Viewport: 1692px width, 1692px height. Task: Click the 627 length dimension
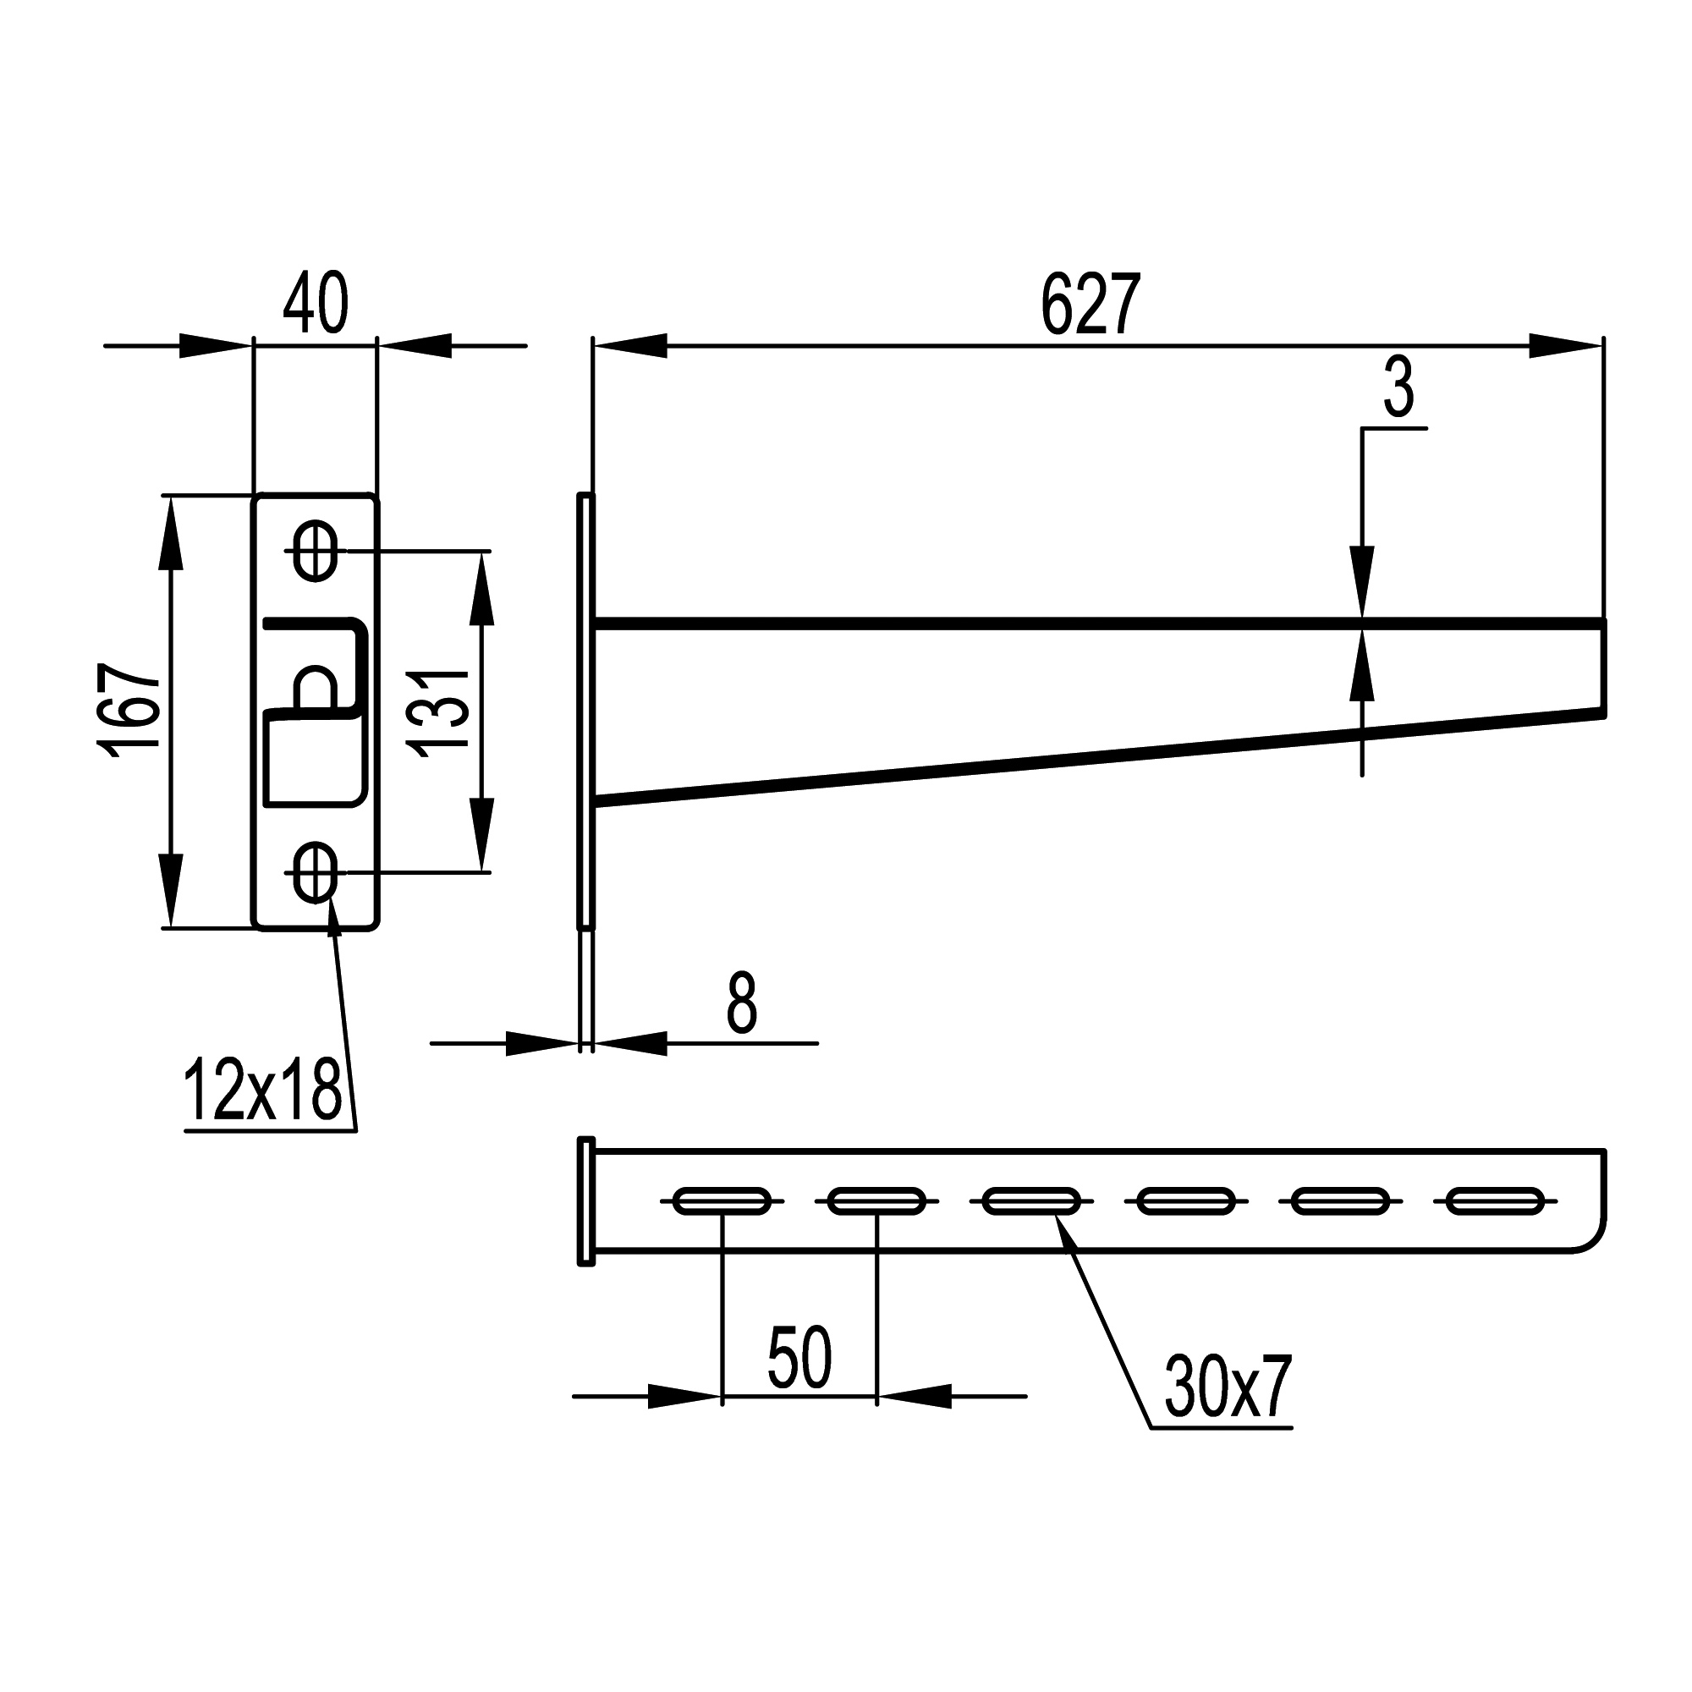click(x=1090, y=304)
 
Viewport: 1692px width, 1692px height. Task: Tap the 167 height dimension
click(x=129, y=710)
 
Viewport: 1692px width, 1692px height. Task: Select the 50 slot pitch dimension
click(x=799, y=1358)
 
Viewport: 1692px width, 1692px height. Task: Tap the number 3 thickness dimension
click(x=1398, y=390)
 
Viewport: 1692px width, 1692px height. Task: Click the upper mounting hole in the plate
click(x=316, y=551)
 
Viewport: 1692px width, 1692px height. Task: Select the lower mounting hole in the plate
click(x=316, y=872)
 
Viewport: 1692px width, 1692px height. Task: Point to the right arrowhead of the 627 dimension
click(x=1568, y=345)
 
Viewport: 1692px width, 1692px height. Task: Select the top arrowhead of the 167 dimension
click(x=172, y=530)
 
